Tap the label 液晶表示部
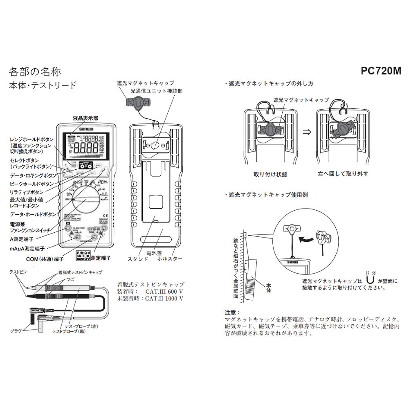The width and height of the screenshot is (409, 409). tap(85, 118)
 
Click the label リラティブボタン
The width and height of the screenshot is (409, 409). tap(27, 192)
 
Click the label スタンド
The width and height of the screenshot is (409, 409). tap(138, 259)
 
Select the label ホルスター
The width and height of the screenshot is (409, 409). tap(169, 259)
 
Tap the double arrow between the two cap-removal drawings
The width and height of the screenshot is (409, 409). tap(306, 132)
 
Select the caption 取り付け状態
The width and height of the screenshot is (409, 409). tap(270, 174)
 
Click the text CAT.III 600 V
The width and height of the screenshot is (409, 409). tap(164, 291)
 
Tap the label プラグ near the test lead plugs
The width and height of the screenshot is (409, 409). tap(16, 330)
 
